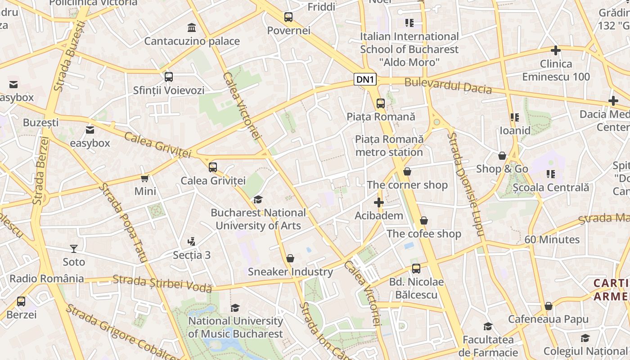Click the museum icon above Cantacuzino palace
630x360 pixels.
192,28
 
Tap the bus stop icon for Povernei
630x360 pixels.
288,18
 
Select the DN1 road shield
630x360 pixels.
365,80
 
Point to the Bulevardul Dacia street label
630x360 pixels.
448,85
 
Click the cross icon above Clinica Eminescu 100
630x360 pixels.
556,50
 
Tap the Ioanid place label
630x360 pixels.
515,130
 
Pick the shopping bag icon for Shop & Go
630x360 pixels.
502,156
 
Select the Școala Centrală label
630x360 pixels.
551,187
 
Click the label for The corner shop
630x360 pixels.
407,185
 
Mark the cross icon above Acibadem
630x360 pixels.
379,202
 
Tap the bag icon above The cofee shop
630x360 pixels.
424,220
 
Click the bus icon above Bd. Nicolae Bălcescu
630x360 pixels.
416,269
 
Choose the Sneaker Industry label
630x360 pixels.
290,272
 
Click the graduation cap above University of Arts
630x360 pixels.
258,199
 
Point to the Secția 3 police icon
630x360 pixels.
192,242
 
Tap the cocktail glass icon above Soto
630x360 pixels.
74,248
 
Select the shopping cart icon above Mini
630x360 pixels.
145,179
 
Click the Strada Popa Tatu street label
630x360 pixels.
123,222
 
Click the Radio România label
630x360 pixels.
47,279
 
